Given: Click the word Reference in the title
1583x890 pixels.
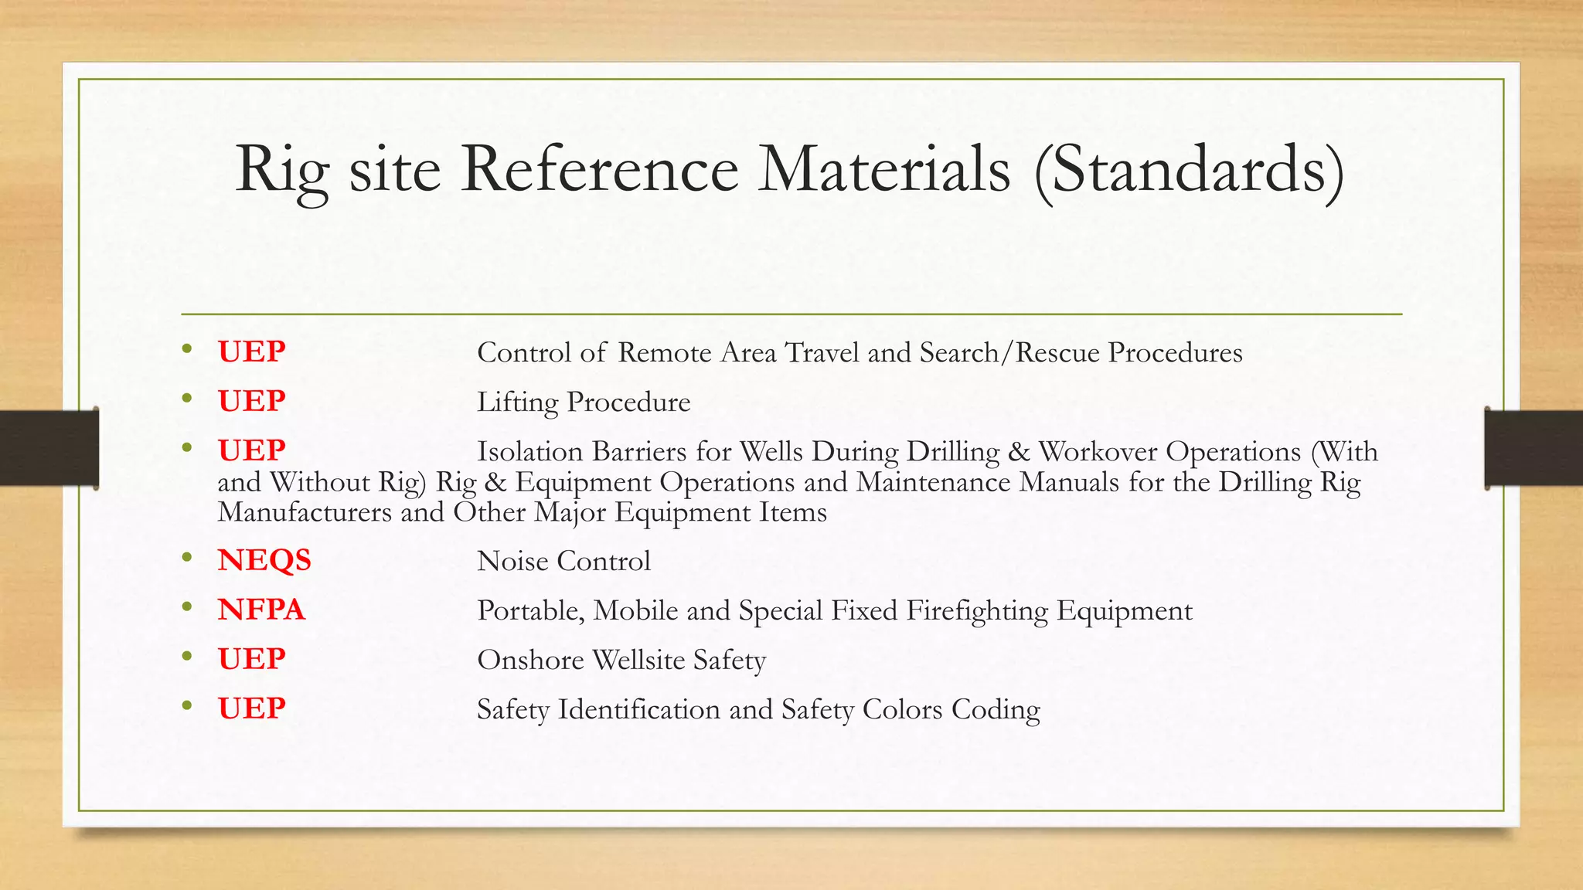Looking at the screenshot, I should (x=600, y=169).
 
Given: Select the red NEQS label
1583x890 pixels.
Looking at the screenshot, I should (x=264, y=560).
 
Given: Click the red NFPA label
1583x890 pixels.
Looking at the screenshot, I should (x=261, y=610).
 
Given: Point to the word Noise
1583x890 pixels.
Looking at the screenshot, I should (x=512, y=561).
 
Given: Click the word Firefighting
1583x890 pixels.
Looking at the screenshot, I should (x=977, y=611).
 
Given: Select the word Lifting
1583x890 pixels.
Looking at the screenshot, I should (x=517, y=403).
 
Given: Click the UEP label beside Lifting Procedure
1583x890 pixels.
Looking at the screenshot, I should (x=251, y=401).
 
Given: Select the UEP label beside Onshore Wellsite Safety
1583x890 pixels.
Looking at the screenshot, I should (x=251, y=659).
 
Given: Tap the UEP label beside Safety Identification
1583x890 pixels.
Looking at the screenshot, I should (x=251, y=708).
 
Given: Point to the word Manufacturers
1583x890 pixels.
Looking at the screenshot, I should (x=305, y=512).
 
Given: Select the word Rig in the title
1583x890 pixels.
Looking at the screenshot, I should (x=282, y=171).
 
